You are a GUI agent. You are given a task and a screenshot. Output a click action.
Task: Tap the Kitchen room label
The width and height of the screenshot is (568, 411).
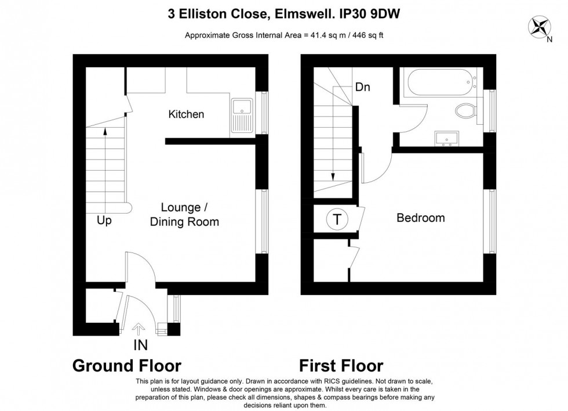(186, 114)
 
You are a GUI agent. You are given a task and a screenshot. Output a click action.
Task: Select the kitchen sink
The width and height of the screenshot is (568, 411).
(242, 115)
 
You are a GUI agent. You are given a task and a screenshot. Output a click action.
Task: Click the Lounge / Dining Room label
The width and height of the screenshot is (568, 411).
(184, 215)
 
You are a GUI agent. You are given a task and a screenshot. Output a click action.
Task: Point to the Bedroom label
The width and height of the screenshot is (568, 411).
(420, 218)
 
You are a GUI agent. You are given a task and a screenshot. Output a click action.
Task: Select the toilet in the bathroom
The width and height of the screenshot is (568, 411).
(467, 110)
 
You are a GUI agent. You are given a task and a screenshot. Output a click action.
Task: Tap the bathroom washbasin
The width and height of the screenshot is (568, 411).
(445, 138)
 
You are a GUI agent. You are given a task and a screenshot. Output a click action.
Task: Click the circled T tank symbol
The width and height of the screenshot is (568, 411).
(337, 220)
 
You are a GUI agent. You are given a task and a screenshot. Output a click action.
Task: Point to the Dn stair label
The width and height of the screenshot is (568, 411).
(363, 88)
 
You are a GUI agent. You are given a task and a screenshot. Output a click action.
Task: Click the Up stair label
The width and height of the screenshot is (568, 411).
(104, 221)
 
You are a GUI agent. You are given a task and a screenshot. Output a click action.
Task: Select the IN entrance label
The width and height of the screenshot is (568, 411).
(140, 345)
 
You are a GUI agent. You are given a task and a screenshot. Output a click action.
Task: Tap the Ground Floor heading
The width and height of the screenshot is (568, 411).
(126, 366)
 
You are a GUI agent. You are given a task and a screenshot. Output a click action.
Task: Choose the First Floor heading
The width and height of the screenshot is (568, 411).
(341, 366)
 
